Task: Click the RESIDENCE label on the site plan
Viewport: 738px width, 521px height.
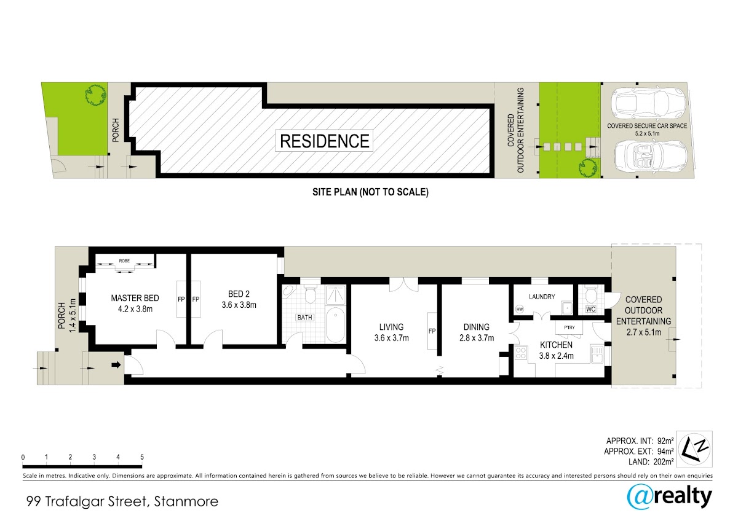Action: pyautogui.click(x=325, y=141)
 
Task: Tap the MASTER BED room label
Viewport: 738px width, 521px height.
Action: pyautogui.click(x=135, y=298)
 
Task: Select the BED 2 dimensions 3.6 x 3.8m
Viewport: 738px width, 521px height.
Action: pyautogui.click(x=239, y=305)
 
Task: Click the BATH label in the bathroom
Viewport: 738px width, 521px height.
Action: pyautogui.click(x=305, y=318)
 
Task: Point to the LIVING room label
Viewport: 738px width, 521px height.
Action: pyautogui.click(x=391, y=327)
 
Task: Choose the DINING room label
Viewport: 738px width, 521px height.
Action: pyautogui.click(x=477, y=327)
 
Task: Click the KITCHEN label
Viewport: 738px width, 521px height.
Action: pyautogui.click(x=556, y=345)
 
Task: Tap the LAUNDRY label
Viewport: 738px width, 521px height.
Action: pyautogui.click(x=542, y=297)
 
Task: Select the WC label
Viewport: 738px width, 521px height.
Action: pyautogui.click(x=590, y=310)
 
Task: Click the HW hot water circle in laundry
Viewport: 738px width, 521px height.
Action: pyautogui.click(x=520, y=309)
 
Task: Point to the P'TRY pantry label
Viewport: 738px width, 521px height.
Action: pyautogui.click(x=569, y=327)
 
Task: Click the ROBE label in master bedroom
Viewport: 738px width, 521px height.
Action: pyautogui.click(x=124, y=261)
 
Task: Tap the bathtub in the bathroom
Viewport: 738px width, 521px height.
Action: pyautogui.click(x=336, y=325)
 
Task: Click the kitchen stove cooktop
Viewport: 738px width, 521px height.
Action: pyautogui.click(x=520, y=353)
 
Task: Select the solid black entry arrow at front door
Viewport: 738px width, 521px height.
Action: pyautogui.click(x=116, y=365)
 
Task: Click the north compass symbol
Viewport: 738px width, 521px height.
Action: pyautogui.click(x=694, y=450)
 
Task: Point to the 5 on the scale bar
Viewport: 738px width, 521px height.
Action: pyautogui.click(x=142, y=457)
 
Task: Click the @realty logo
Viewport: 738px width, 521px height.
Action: pyautogui.click(x=670, y=499)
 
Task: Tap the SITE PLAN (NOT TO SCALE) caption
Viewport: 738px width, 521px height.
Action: pyautogui.click(x=370, y=192)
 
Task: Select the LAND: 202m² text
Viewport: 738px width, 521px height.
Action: pyautogui.click(x=651, y=462)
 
